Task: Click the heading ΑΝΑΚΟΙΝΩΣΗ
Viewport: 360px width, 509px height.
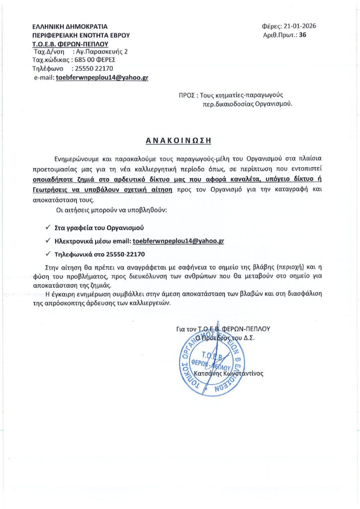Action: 180,141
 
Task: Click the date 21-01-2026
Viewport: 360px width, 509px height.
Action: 300,26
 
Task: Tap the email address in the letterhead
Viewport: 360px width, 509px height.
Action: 102,78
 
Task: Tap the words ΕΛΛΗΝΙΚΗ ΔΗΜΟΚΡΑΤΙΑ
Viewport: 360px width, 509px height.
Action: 69,26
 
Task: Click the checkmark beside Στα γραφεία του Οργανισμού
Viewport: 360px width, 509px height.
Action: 47,228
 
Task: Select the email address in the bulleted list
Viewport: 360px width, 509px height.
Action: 179,241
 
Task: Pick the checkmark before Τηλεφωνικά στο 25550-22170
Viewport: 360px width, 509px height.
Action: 47,254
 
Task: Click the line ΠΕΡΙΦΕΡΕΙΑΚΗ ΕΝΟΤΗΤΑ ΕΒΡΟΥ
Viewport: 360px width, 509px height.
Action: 80,35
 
